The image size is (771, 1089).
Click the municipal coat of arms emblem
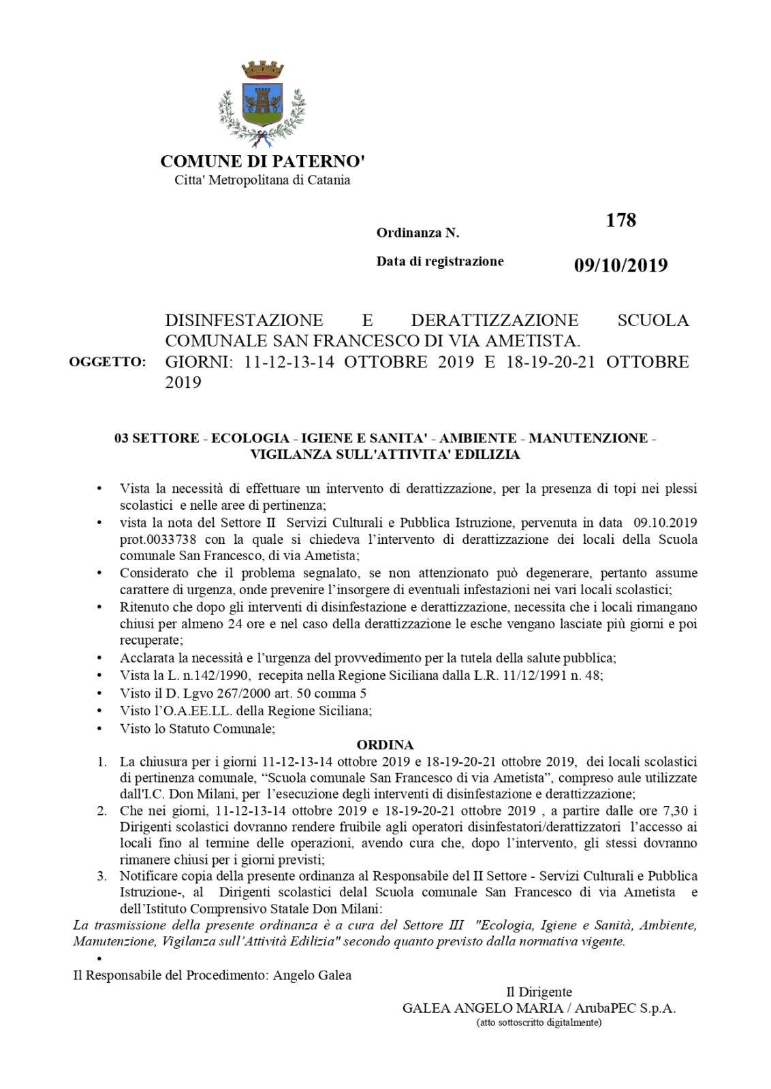coord(262,101)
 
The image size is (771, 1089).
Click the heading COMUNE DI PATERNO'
coord(263,161)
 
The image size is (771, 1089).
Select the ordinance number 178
coord(620,221)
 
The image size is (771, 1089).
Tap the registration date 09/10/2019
coord(620,265)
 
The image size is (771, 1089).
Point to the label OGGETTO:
coord(108,362)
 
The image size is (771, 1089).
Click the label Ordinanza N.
coord(418,233)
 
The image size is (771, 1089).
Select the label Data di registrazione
coord(440,261)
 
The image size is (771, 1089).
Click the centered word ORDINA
coord(385,745)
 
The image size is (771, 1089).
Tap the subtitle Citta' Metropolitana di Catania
coord(263,180)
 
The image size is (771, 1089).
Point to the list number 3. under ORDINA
coord(101,876)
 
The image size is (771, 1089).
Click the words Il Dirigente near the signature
coord(538,992)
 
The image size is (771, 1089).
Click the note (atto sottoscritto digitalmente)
coord(538,1023)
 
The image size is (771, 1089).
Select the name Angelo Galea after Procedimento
coord(312,975)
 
